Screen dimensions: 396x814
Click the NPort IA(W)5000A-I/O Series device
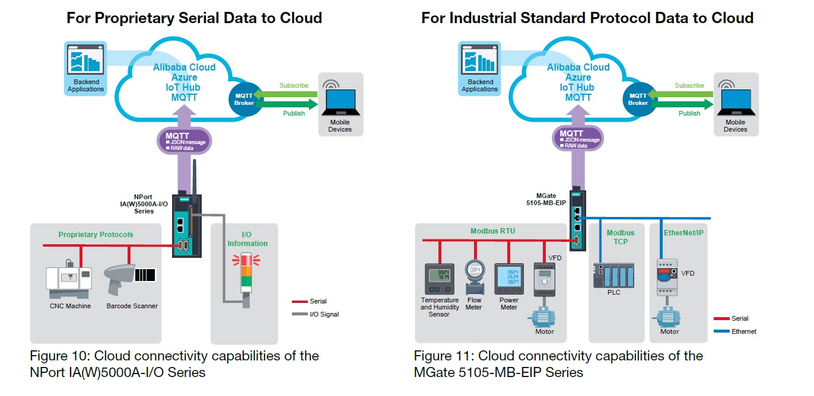186,225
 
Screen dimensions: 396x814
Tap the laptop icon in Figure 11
735,103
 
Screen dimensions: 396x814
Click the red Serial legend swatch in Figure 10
300,301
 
